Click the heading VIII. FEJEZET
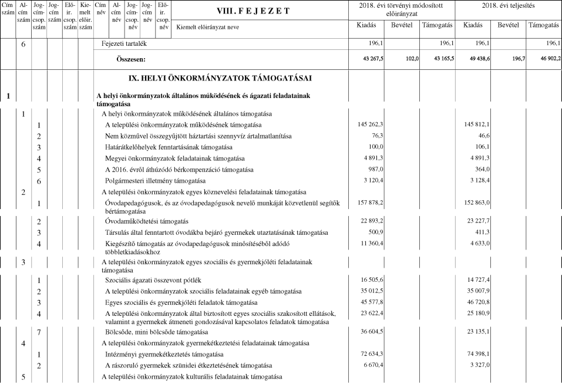[253, 11]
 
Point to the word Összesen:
[130, 59]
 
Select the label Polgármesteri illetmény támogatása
[156, 181]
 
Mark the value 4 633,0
[478, 243]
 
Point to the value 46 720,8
[476, 303]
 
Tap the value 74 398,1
[476, 355]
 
